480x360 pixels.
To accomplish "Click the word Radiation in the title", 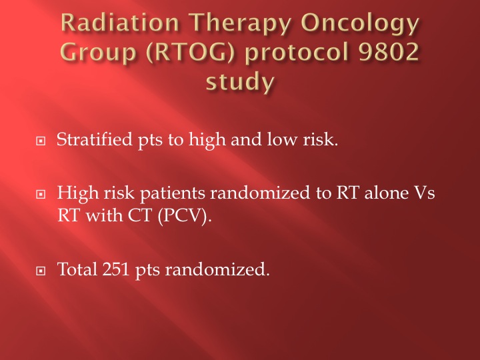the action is coord(120,23).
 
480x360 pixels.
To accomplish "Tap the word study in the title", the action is coord(240,81).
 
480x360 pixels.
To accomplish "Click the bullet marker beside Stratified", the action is coord(41,141).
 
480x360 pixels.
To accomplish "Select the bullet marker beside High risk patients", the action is coord(41,195).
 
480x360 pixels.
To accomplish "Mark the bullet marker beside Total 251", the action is coord(41,271).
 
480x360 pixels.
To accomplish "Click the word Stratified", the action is coord(94,139).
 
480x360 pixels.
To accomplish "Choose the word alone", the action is coord(386,193).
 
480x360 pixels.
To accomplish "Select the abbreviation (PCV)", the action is coord(185,216).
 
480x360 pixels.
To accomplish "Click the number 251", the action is coord(116,269).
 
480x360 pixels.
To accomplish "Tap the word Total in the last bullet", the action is coord(77,269).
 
